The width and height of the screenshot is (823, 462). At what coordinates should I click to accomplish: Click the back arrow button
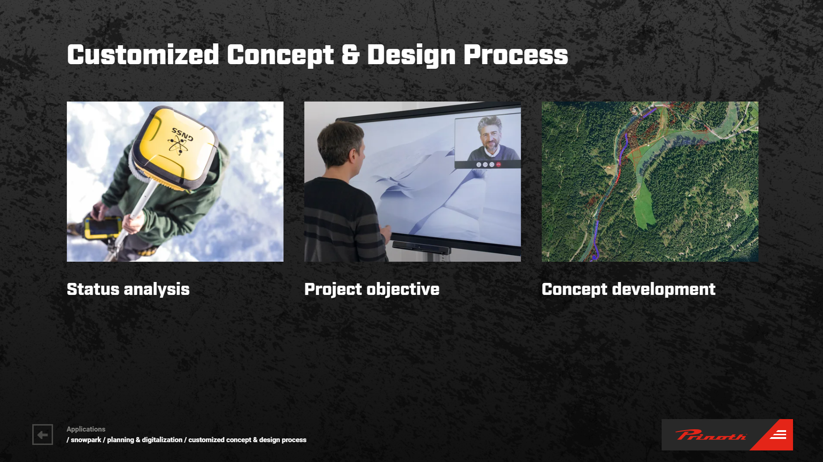[42, 435]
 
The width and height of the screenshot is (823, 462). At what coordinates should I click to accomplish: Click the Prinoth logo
[727, 435]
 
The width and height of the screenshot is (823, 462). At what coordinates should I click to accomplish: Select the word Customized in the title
[143, 54]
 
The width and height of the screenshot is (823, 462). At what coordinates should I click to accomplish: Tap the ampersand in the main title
[350, 54]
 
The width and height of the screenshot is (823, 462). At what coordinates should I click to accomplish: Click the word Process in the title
[515, 54]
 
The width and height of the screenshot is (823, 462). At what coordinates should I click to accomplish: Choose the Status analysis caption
[128, 289]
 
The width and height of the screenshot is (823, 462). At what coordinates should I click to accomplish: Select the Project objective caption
[372, 289]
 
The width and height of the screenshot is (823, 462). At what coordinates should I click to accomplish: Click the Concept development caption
[628, 289]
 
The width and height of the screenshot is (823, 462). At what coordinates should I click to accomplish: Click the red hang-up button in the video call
[498, 164]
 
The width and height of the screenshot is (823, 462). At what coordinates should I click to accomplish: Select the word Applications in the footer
[86, 429]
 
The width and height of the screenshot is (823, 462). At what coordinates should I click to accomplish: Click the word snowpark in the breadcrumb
[86, 440]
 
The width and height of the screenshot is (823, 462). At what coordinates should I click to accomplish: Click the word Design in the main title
[411, 55]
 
